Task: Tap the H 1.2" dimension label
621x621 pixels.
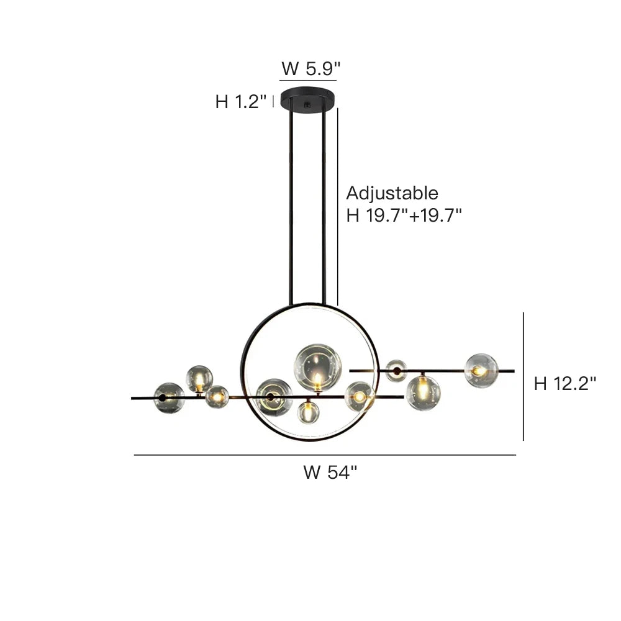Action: (x=241, y=102)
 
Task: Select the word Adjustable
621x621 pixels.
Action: (x=392, y=193)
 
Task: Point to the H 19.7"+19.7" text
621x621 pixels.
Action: (x=404, y=215)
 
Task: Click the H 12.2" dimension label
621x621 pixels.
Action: (x=565, y=384)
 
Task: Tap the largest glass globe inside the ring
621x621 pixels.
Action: (x=317, y=367)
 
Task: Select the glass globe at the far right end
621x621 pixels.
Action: (x=481, y=371)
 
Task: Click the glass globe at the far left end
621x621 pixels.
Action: (x=169, y=398)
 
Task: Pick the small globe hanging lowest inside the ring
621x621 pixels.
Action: (x=308, y=412)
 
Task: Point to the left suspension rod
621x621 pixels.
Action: (x=290, y=205)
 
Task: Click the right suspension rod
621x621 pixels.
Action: (x=324, y=205)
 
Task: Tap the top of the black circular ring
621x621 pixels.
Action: (x=309, y=305)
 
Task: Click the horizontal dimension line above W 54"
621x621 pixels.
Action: (x=325, y=455)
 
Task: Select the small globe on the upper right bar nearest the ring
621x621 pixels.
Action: (x=396, y=371)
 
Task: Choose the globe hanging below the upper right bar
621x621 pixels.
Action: (x=423, y=392)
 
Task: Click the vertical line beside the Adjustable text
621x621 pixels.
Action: (x=337, y=205)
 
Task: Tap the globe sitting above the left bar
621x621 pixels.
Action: (x=200, y=379)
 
